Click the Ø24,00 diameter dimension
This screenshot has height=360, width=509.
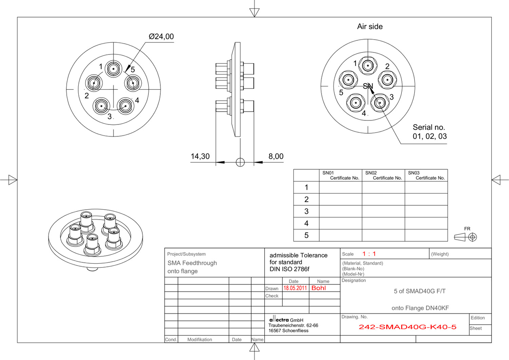click(x=161, y=36)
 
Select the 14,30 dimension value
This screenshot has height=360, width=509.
click(x=200, y=156)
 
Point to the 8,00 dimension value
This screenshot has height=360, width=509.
click(x=276, y=156)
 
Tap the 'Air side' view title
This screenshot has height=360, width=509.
click(x=370, y=26)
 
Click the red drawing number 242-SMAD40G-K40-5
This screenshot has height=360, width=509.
click(x=407, y=327)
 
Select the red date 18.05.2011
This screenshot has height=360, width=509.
click(x=295, y=288)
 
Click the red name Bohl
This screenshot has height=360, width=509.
click(x=319, y=288)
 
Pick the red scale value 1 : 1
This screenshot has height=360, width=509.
click(x=369, y=254)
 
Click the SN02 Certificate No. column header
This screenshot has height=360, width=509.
click(x=383, y=175)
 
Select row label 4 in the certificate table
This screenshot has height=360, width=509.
click(x=306, y=223)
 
